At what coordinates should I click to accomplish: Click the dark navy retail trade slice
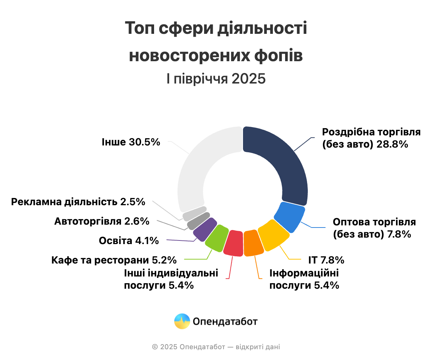point(284,162)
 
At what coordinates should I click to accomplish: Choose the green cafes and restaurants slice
point(216,238)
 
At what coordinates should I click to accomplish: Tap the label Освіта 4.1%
point(129,240)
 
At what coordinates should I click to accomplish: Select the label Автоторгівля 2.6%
point(102,221)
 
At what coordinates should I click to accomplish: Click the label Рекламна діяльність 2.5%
point(78,202)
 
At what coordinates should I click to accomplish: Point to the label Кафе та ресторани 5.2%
point(114,260)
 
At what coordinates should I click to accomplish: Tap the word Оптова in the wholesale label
point(348,221)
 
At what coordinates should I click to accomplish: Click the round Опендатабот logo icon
point(182,321)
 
